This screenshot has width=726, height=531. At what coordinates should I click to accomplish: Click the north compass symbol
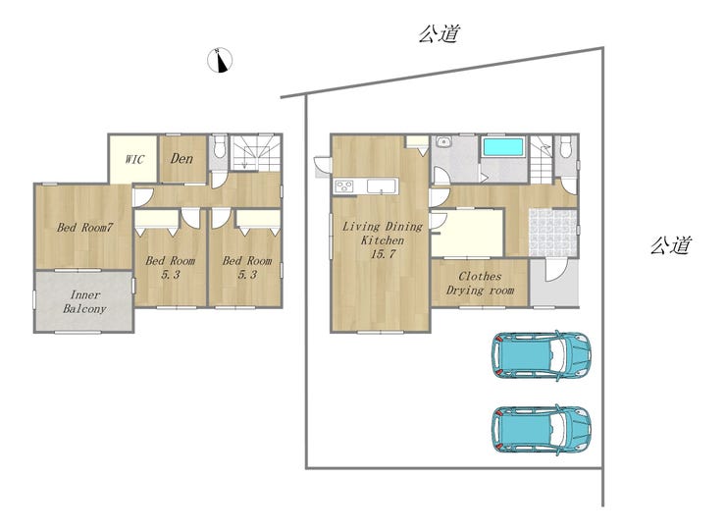(220, 60)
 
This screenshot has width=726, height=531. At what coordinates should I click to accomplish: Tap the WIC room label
(134, 159)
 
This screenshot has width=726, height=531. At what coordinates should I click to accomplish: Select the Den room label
(181, 159)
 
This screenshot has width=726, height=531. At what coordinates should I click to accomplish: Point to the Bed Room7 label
(84, 228)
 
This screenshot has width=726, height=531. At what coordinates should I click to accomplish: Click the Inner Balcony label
(84, 301)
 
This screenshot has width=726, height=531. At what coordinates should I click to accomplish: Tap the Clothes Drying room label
(480, 283)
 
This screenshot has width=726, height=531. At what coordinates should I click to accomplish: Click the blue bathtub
(503, 147)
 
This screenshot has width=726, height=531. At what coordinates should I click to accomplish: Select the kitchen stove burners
(344, 186)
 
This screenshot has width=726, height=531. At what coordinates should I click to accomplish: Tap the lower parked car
(541, 429)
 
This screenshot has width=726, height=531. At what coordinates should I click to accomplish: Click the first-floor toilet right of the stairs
(565, 147)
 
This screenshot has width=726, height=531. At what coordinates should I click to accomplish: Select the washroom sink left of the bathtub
(443, 141)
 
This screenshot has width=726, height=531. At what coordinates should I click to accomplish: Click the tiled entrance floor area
(553, 233)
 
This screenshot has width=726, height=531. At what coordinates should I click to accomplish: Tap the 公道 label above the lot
(440, 33)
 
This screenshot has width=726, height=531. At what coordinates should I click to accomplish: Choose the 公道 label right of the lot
(671, 245)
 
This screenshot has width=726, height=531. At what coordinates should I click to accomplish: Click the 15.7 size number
(383, 254)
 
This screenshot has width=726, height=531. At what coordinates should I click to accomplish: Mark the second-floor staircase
(256, 153)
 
